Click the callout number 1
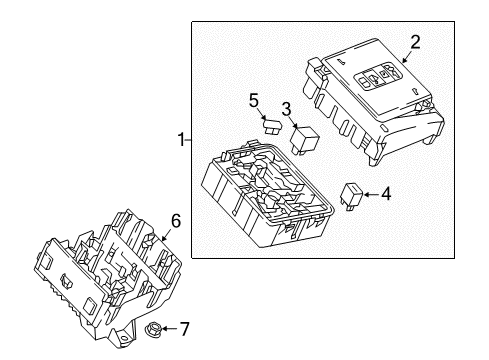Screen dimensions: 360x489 (x=180, y=141)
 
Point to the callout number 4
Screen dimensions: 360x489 (x=386, y=195)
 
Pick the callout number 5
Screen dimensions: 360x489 (x=254, y=100)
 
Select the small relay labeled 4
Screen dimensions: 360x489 (x=353, y=194)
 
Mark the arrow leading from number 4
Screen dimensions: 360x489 (x=372, y=195)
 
